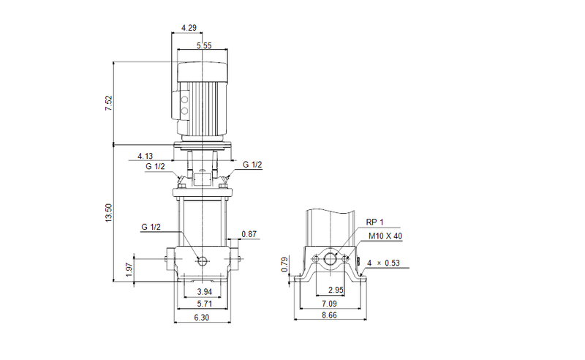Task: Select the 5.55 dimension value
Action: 205,46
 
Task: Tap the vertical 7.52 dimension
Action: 108,103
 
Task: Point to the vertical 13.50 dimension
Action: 108,212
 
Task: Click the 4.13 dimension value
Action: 146,156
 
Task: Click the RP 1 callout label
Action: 375,222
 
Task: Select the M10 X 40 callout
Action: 386,236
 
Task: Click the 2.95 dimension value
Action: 335,291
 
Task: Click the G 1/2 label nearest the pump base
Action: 151,227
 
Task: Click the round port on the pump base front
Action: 201,260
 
